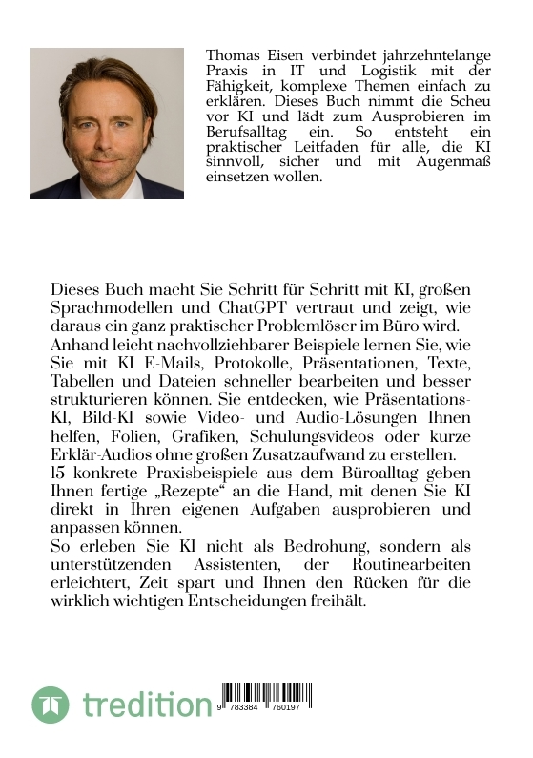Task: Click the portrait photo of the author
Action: point(107,123)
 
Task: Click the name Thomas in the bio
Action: point(232,55)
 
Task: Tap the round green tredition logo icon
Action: point(51,705)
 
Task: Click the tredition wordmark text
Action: point(147,706)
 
